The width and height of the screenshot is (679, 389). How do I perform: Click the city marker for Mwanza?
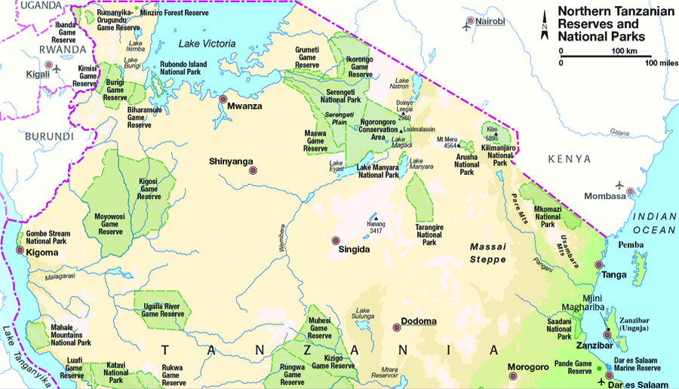(x=223, y=99)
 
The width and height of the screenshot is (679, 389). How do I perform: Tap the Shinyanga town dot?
(x=253, y=171)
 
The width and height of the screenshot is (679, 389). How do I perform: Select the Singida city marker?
(x=336, y=240)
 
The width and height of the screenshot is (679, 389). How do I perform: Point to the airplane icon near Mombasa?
(x=620, y=185)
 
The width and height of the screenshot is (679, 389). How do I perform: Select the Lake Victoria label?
(x=208, y=44)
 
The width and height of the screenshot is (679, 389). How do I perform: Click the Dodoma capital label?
(x=419, y=321)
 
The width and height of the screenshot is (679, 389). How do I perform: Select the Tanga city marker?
(x=599, y=265)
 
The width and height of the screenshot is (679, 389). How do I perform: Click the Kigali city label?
(x=36, y=74)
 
